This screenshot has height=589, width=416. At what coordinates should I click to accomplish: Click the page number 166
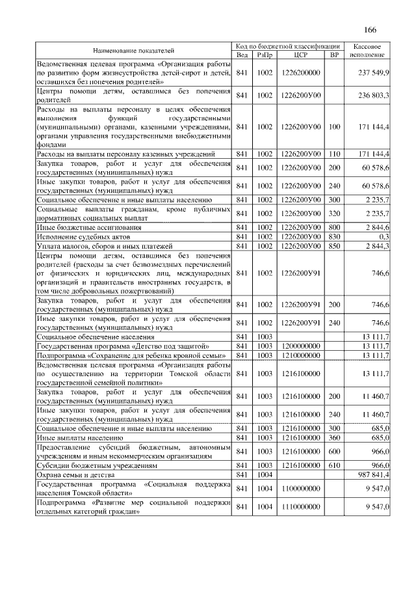pyautogui.click(x=370, y=30)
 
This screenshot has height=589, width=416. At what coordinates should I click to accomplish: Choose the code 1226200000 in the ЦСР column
pyautogui.click(x=302, y=74)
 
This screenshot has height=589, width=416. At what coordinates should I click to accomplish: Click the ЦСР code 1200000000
pyautogui.click(x=302, y=346)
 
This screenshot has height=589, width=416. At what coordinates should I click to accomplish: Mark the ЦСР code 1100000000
pyautogui.click(x=302, y=488)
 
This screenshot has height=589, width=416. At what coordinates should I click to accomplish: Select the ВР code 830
pyautogui.click(x=335, y=237)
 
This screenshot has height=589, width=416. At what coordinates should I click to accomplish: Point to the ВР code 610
pyautogui.click(x=335, y=467)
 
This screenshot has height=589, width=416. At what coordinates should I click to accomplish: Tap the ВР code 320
pyautogui.click(x=335, y=213)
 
